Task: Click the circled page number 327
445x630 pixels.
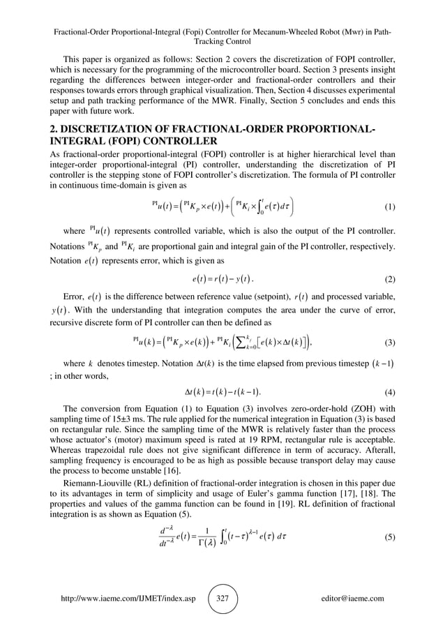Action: (222, 598)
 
